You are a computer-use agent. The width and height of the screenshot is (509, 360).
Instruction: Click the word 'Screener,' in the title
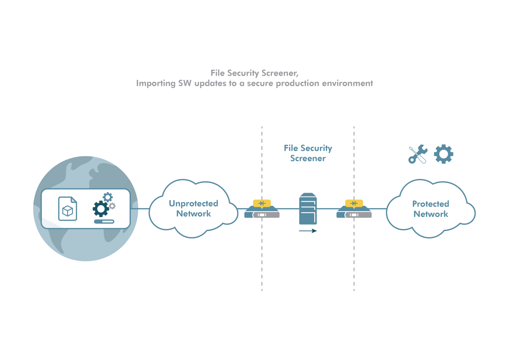tap(282, 73)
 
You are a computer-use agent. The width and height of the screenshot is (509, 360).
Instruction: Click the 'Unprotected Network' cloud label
tap(193, 209)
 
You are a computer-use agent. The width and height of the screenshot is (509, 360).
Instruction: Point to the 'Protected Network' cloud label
tap(431, 209)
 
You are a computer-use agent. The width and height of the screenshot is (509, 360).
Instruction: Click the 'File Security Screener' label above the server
tap(308, 154)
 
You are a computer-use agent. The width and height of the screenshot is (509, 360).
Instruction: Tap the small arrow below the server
tap(308, 231)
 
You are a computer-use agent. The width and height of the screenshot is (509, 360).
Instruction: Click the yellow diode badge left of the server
tap(262, 203)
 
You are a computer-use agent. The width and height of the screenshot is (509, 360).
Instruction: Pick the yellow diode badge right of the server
tap(354, 203)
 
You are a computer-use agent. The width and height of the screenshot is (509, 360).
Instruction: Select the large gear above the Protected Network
tap(444, 154)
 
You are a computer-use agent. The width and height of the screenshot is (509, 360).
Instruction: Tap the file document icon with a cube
tap(68, 209)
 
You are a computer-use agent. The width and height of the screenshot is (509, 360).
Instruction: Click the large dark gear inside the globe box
tap(101, 209)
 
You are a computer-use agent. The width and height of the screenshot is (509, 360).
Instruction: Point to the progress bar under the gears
tap(104, 221)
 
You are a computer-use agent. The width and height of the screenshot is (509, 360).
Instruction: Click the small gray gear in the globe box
tap(112, 206)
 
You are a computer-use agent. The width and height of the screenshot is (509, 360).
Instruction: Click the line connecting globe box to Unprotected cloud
tap(140, 209)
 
